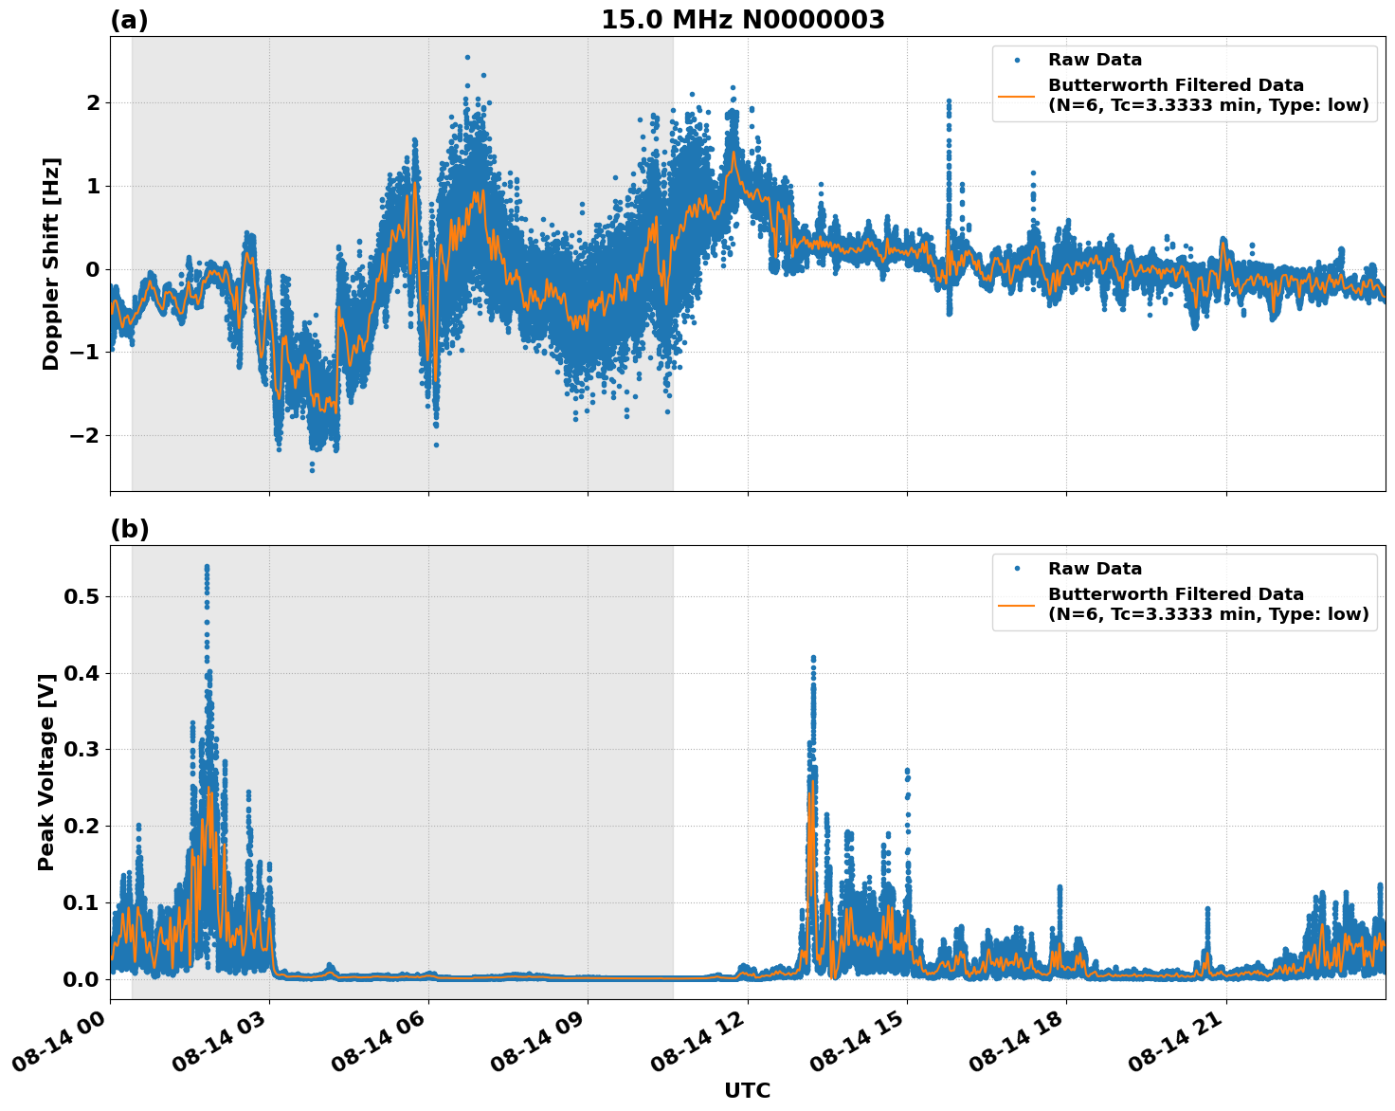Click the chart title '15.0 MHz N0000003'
click(742, 20)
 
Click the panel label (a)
click(129, 20)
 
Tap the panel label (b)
click(129, 529)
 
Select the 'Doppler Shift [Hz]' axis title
click(51, 264)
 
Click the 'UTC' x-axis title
click(747, 1091)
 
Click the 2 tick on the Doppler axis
click(93, 102)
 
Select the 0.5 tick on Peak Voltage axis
click(82, 596)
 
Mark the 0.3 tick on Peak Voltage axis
click(82, 750)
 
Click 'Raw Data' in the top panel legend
click(1095, 60)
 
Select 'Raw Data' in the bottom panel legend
click(1095, 569)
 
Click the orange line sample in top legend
click(1017, 95)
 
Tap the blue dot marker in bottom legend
click(1017, 569)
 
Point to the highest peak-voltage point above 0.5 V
click(207, 567)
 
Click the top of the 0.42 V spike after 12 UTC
click(812, 657)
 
